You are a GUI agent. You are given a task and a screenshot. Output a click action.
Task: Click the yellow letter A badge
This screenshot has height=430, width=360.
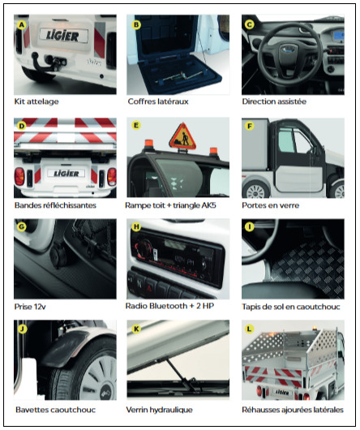(21, 25)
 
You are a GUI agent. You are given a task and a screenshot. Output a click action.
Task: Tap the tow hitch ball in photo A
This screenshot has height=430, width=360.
(35, 55)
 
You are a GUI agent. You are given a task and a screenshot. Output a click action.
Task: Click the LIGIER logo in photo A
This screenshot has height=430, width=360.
(63, 36)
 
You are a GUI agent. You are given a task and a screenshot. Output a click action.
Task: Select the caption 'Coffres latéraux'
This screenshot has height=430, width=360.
(158, 101)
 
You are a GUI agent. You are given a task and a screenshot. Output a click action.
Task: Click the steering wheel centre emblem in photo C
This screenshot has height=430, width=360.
(286, 50)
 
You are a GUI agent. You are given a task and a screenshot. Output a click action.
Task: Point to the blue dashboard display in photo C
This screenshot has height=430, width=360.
(338, 37)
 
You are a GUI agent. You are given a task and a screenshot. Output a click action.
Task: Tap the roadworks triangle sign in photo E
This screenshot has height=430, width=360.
(182, 137)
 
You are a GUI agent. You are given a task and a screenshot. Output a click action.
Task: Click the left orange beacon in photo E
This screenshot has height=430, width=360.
(148, 144)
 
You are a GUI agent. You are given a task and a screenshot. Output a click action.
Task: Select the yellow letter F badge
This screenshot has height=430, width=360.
(249, 126)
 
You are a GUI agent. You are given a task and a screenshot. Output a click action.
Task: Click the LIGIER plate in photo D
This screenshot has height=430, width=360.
(66, 174)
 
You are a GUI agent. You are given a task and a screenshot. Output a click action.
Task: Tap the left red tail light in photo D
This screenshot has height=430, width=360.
(19, 176)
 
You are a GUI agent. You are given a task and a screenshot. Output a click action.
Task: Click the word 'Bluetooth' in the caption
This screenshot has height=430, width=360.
(169, 306)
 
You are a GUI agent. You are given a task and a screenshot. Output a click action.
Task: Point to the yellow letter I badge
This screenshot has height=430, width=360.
(249, 227)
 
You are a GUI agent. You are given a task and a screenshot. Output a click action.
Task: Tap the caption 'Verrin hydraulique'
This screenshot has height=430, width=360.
(160, 410)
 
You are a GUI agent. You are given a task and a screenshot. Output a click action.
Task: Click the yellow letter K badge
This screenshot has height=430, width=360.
(136, 329)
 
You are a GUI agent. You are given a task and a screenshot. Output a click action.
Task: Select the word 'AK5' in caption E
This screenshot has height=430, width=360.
(208, 205)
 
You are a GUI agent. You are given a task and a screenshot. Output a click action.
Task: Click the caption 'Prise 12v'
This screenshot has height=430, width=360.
(30, 307)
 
